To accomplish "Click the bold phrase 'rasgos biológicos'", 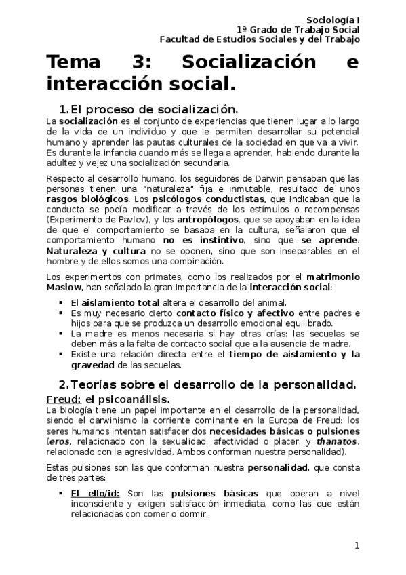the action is tap(85, 199).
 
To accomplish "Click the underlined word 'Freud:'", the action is tap(64, 399).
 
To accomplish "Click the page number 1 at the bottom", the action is tap(357, 547).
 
